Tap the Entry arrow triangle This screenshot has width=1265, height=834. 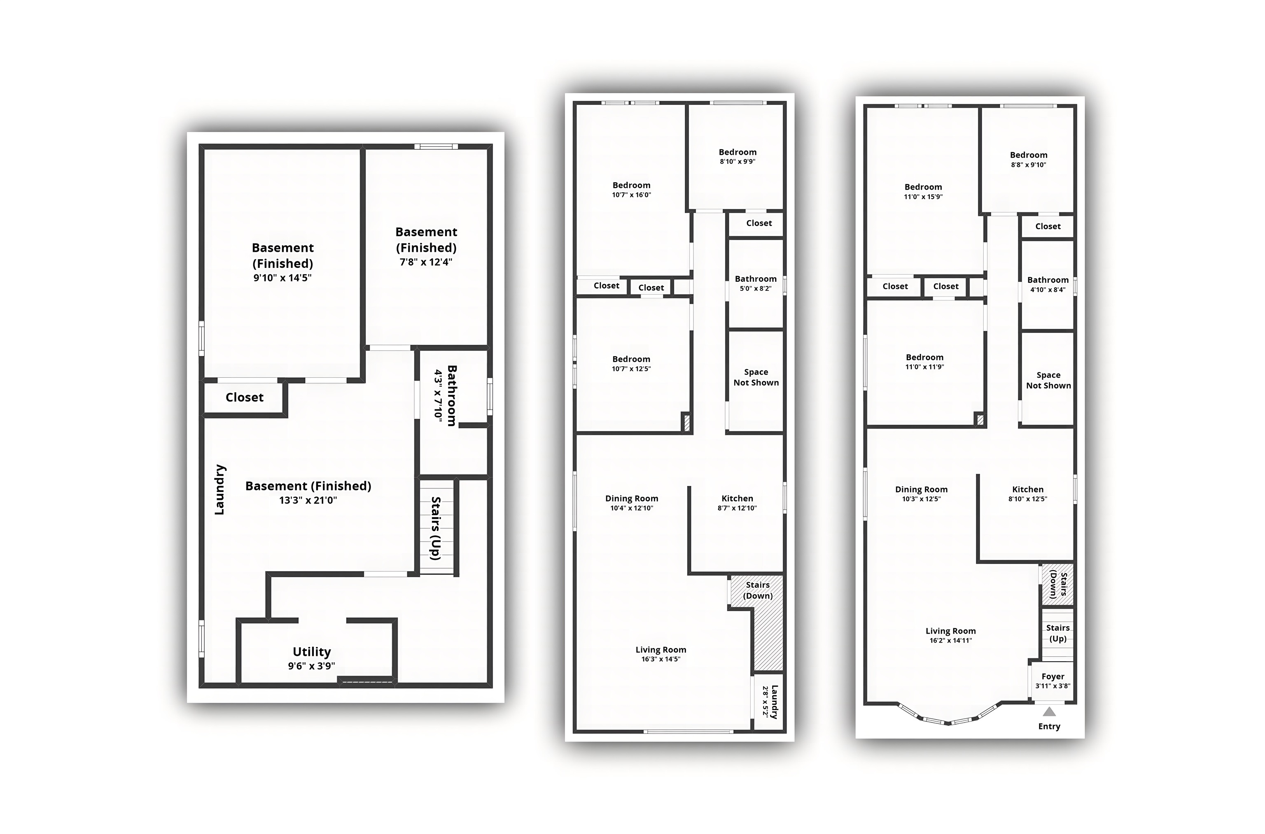pos(1049,712)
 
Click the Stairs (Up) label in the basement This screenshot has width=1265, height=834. pos(436,528)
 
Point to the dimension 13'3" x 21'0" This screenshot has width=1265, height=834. pos(308,500)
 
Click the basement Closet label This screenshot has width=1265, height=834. pos(244,397)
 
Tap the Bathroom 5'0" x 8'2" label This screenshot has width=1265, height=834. pos(756,283)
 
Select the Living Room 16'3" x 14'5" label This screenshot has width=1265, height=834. pos(661,654)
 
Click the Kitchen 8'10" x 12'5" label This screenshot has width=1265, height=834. pos(1028,494)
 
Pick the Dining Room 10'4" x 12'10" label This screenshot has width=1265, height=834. pos(632,503)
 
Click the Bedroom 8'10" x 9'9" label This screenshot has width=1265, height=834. pos(738,156)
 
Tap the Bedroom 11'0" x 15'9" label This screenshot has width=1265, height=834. pos(923,191)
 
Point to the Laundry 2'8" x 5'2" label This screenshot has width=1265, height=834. pos(770,702)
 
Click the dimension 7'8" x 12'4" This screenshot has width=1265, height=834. pos(426,262)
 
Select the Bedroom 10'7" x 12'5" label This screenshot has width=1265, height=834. pos(631,364)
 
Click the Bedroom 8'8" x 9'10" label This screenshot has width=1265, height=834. pos(1029,160)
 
